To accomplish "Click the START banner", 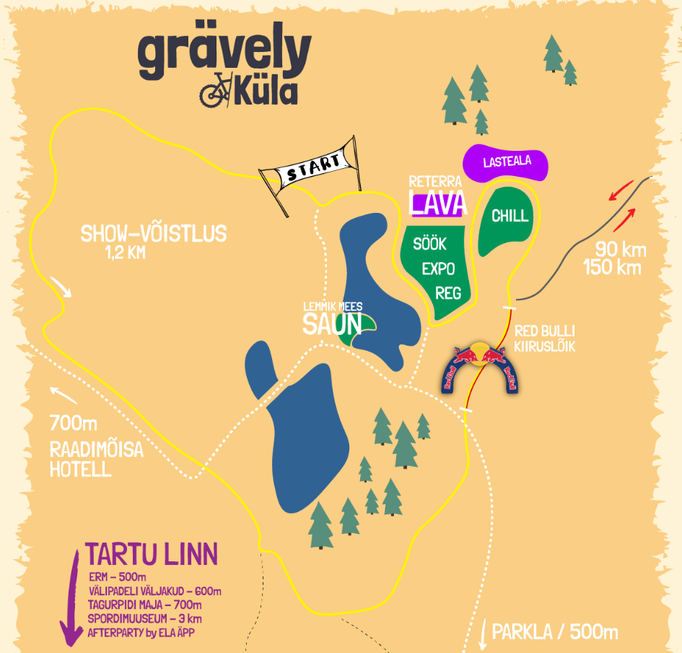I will (x=312, y=170).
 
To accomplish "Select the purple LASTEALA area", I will (x=506, y=162).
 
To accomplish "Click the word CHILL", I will (x=510, y=216).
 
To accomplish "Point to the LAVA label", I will (x=437, y=203).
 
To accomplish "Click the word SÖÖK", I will (x=429, y=244).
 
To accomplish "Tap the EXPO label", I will (x=438, y=269).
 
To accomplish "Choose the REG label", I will (x=448, y=293).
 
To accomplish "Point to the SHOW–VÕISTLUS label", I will (x=153, y=234).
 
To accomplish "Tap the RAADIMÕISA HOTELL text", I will (x=96, y=460).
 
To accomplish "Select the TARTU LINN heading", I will (x=152, y=554).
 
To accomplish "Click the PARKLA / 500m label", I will (x=554, y=633).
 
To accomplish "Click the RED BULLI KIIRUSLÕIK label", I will (x=545, y=340).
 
